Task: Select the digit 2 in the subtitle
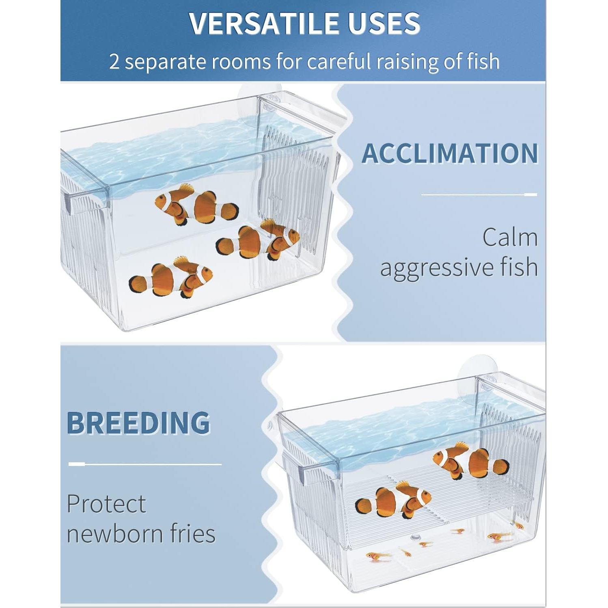(x=114, y=62)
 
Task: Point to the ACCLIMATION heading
(x=450, y=153)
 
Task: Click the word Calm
(x=510, y=237)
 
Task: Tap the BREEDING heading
(x=138, y=423)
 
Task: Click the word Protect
(x=106, y=504)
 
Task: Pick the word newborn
(x=115, y=533)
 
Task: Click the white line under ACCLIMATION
(x=479, y=195)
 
